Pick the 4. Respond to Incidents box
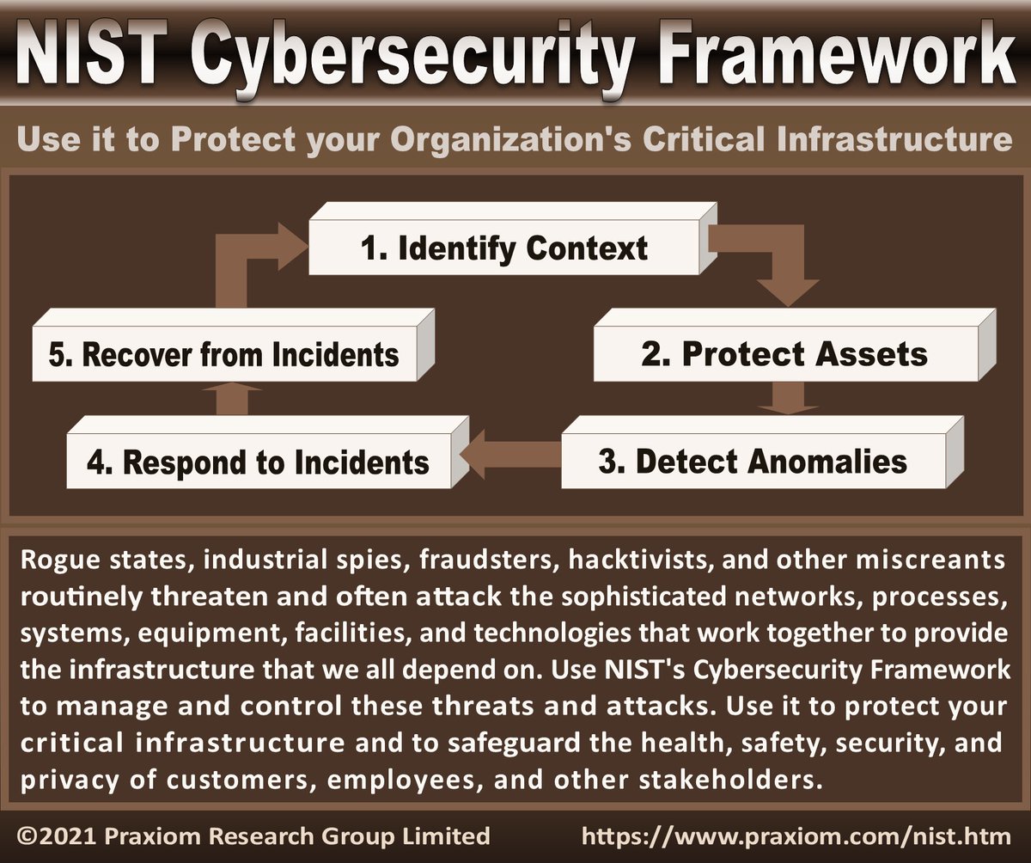pyautogui.click(x=258, y=462)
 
